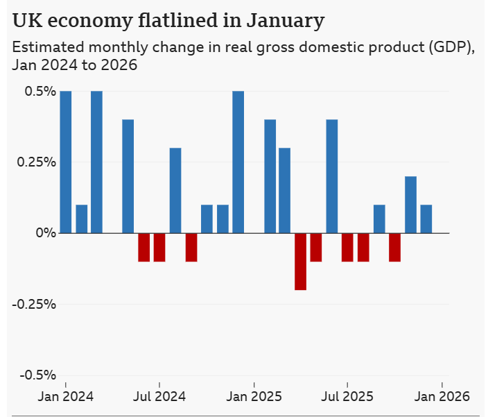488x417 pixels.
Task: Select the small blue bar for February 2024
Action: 82,219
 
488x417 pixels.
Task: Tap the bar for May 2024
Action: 128,176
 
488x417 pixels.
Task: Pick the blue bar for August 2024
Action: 175,190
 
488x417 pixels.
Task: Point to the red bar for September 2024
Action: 191,247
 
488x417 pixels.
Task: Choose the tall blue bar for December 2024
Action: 238,162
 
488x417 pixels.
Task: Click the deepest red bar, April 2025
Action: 301,261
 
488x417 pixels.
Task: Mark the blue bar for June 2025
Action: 332,176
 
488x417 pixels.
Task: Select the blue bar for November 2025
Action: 410,205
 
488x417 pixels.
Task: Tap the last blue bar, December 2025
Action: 426,219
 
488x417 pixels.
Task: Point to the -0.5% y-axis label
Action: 36,375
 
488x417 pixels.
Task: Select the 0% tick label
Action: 44,233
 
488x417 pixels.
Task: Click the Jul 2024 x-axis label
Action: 159,397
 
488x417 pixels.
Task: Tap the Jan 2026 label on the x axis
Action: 442,397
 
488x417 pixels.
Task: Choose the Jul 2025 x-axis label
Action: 347,397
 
